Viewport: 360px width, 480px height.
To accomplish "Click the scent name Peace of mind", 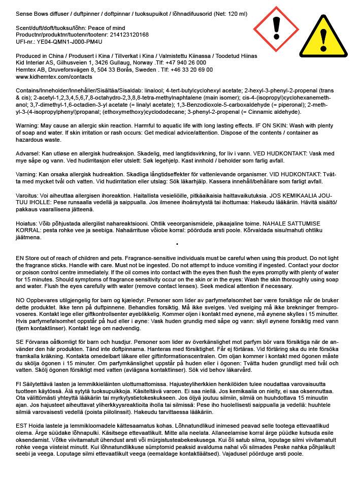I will [x=108, y=27].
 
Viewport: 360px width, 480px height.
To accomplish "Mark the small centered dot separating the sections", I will [x=177, y=244].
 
